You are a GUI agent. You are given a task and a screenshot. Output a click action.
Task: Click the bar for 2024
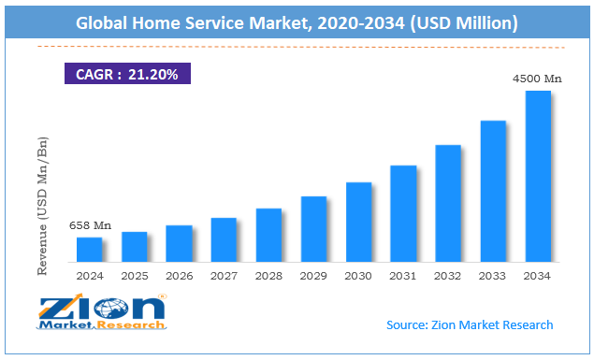89,250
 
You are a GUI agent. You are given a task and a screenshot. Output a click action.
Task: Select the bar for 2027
224,239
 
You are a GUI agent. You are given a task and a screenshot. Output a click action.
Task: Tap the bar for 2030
358,222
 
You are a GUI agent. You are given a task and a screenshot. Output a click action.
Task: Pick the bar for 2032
448,203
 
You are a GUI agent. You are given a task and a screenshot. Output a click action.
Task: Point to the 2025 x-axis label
134,277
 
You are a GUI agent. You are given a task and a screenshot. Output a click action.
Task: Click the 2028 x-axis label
268,277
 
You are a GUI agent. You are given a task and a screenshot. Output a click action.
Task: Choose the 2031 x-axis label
403,277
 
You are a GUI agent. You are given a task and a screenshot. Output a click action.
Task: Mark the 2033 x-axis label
493,277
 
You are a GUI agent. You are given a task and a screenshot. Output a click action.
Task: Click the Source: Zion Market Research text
470,324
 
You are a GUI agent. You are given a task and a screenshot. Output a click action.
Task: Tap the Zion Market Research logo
102,312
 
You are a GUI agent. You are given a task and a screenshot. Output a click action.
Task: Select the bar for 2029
313,229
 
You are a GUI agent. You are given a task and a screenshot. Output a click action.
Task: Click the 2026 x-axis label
179,277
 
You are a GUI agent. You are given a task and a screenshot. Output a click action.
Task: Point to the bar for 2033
493,191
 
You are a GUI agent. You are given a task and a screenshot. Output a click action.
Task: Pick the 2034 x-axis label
538,277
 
